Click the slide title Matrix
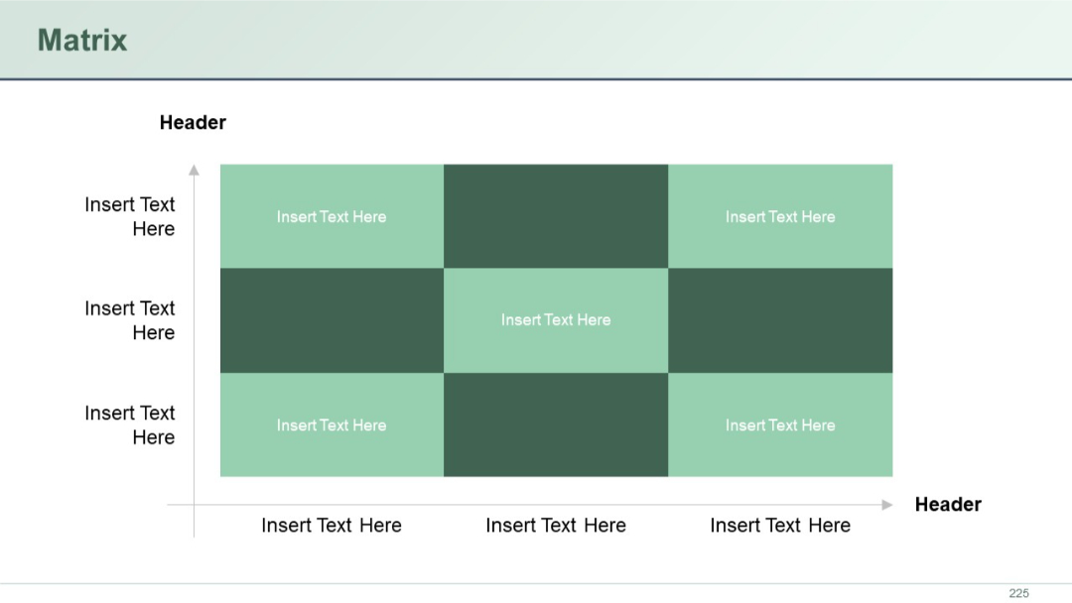click(82, 41)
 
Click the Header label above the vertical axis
click(193, 123)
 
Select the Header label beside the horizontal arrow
click(947, 504)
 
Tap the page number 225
click(1018, 593)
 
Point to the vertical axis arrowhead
click(194, 170)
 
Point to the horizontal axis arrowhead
click(886, 505)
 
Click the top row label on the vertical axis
click(130, 216)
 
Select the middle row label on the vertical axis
click(130, 320)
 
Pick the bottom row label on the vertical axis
click(130, 424)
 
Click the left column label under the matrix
click(332, 526)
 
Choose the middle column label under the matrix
click(556, 526)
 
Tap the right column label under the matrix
click(780, 526)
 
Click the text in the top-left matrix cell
click(332, 216)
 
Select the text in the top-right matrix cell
click(780, 216)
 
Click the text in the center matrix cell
click(556, 319)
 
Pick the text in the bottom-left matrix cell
click(332, 424)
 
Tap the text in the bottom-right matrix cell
click(780, 424)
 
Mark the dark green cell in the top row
click(556, 216)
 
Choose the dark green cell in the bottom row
click(556, 424)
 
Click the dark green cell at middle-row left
click(332, 320)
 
